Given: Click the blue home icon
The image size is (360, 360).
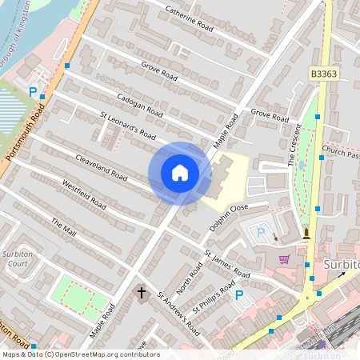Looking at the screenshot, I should pos(180,172).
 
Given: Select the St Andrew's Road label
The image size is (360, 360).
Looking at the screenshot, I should pos(178,311).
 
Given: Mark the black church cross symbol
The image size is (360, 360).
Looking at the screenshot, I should pos(142,293).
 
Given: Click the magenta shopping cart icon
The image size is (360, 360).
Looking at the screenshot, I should pos(284,258).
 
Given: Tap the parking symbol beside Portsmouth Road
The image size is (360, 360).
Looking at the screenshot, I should pos(33,92).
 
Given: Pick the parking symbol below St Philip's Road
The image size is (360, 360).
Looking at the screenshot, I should pos(238,295).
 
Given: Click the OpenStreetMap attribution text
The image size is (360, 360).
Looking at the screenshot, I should pos(81,354).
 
